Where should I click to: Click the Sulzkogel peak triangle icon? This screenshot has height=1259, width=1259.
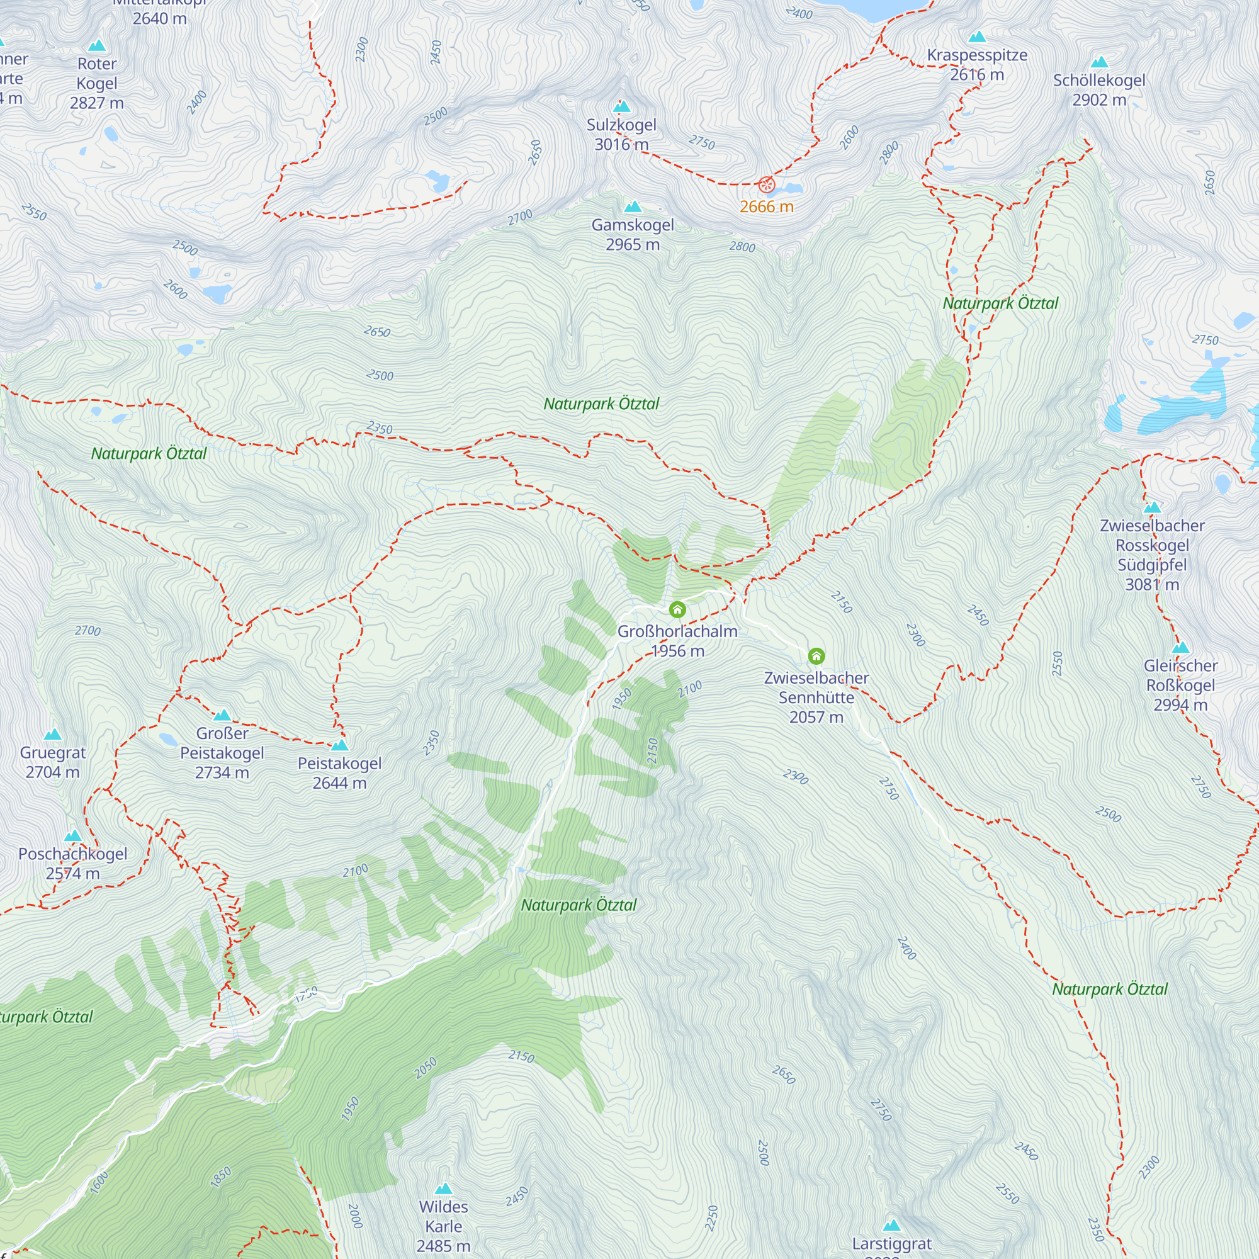point(623,106)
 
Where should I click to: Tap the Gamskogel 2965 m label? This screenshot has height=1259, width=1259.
point(633,235)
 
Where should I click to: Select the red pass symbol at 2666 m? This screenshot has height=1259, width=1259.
point(766,184)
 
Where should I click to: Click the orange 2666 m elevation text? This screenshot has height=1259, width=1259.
point(766,206)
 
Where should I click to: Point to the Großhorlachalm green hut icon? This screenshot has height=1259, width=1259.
point(677,610)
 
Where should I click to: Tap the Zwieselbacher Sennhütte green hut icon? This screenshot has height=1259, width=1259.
point(816,655)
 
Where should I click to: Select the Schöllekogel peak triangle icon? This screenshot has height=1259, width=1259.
point(1099,62)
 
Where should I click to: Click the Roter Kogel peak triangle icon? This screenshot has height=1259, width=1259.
point(97,45)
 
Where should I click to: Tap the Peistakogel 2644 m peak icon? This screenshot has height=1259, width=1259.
point(339,745)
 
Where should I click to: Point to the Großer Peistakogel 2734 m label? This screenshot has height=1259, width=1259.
point(222,753)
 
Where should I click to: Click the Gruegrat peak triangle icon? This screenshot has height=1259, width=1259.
point(53,735)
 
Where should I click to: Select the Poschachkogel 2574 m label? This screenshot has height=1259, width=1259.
point(72,863)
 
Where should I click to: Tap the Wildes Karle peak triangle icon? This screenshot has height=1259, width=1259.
point(444,1188)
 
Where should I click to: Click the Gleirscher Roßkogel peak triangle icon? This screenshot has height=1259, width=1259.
point(1180,648)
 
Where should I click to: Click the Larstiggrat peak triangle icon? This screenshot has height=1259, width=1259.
point(891,1225)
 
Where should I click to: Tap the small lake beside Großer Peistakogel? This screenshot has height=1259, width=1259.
point(168,739)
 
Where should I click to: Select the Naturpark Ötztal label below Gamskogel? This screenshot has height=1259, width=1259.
point(601,404)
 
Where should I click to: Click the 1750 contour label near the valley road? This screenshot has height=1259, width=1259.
point(306,994)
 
